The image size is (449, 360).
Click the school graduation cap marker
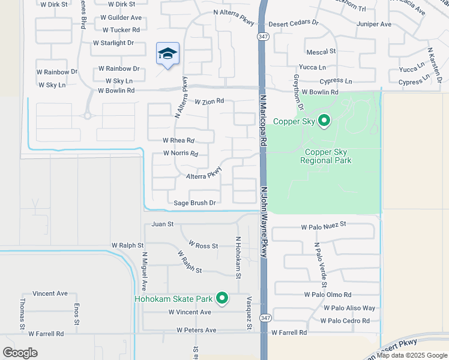168,55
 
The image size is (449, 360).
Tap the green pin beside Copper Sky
324,121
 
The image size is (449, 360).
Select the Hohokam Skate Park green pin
222,298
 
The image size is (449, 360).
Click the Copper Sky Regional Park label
328,156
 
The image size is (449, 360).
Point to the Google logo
20,353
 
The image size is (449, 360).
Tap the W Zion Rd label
209,101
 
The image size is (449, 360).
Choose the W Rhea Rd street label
178,140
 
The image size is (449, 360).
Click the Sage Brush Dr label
194,203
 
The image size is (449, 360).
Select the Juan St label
162,224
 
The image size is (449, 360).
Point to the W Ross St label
203,245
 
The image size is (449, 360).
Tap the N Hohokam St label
238,257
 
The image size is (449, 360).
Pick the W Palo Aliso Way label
349,308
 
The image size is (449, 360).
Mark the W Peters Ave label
196,330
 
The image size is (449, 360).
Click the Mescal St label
321,52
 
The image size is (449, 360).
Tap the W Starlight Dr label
113,43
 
